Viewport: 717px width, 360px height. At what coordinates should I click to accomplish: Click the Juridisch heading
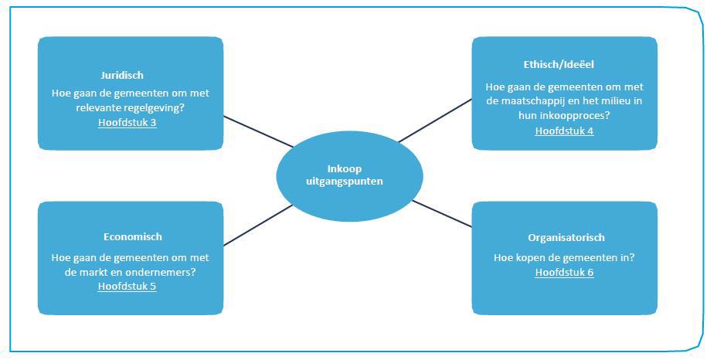tap(122, 76)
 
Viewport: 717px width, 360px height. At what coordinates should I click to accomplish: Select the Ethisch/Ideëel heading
tap(559, 64)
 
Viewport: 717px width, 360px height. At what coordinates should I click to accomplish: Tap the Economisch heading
tap(133, 237)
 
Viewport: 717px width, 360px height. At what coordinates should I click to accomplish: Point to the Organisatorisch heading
tap(566, 238)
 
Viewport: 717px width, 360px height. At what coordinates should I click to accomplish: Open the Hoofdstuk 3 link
tap(127, 123)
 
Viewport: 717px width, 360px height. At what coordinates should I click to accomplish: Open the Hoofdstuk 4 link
tap(564, 131)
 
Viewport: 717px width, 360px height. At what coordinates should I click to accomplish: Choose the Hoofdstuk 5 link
tap(127, 287)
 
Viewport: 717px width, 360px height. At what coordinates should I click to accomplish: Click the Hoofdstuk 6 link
tap(564, 273)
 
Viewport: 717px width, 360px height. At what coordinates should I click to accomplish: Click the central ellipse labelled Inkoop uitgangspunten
tap(350, 176)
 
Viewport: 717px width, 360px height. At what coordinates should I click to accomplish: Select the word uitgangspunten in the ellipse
tap(345, 182)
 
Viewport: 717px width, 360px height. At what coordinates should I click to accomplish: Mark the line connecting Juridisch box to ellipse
tap(258, 131)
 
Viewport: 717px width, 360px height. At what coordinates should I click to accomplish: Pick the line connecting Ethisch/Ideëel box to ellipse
tap(435, 121)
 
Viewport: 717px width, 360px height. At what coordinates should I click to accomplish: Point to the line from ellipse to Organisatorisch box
tap(442, 214)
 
